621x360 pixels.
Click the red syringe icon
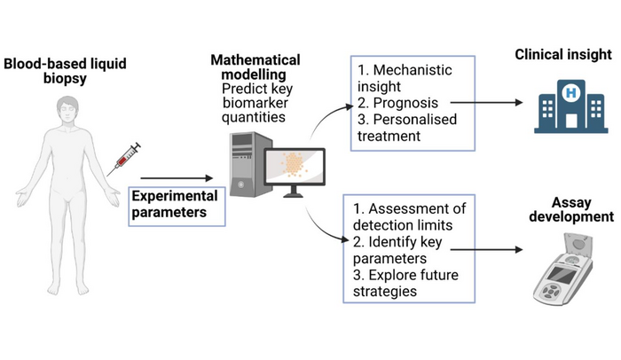(124, 158)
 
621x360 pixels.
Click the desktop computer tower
(249, 165)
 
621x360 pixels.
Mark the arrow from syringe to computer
(177, 177)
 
